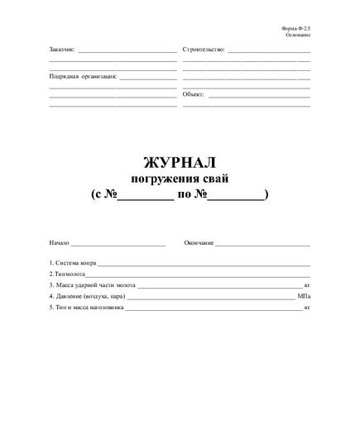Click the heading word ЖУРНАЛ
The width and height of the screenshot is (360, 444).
[x=180, y=164]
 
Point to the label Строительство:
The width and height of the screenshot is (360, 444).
[x=204, y=50]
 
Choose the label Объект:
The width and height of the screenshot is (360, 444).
[x=193, y=94]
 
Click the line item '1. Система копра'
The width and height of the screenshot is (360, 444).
[x=73, y=263]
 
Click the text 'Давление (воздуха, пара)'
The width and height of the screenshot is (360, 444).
[x=89, y=295]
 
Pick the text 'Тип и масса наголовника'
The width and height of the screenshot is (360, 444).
[x=89, y=307]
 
